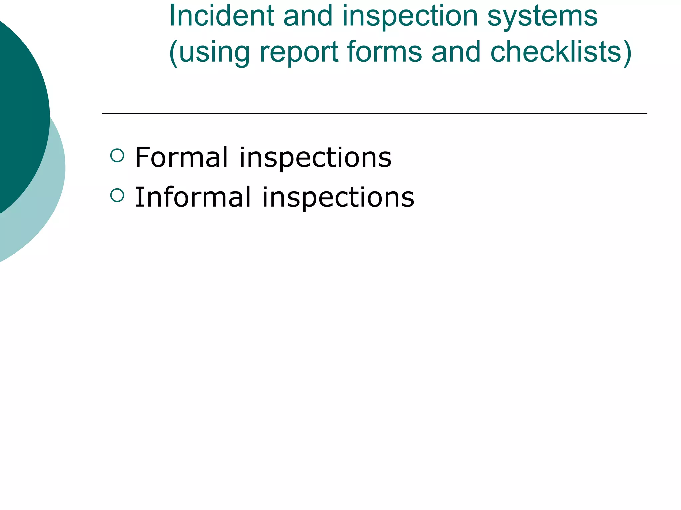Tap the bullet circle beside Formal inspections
tap(117, 155)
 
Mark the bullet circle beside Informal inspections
tap(117, 195)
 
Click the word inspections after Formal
tap(315, 158)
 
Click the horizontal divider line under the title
tap(374, 113)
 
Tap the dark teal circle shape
tap(17, 110)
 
